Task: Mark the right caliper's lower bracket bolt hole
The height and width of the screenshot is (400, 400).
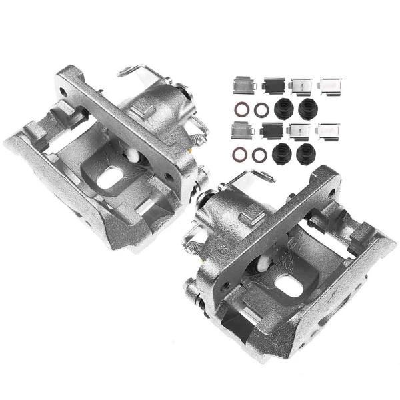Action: point(225,285)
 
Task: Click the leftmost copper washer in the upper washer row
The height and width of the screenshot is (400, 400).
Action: point(240,109)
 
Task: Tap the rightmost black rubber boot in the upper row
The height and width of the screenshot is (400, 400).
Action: point(307,109)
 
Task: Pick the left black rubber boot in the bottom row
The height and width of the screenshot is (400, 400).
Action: point(282,152)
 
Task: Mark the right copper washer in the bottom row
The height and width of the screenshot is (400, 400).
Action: point(261,155)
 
